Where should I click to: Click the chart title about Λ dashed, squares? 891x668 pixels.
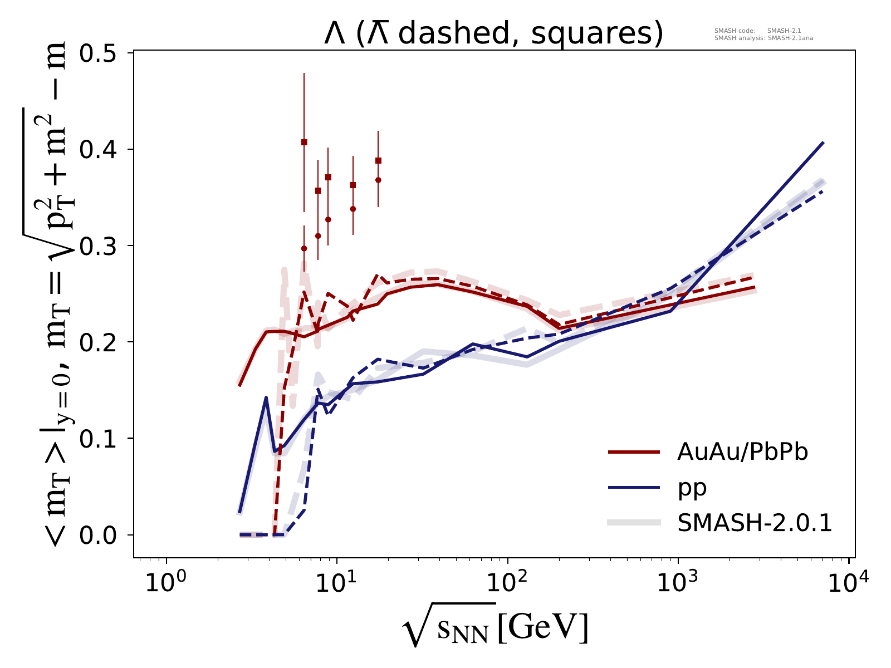[x=493, y=34]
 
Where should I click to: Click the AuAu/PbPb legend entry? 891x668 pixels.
[x=742, y=453]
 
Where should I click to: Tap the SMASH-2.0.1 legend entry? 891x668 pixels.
[x=755, y=523]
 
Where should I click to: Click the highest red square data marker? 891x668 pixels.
[x=304, y=142]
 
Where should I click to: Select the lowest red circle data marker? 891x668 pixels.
[x=304, y=248]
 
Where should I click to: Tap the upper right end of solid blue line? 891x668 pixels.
[x=823, y=143]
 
